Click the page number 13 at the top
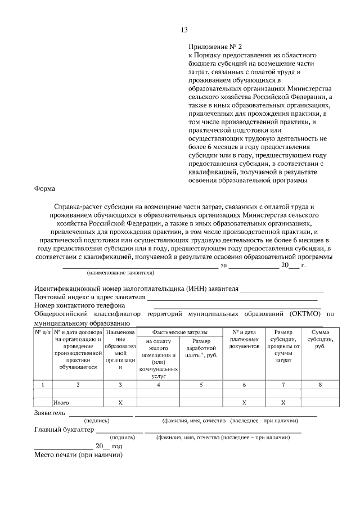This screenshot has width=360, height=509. (184, 30)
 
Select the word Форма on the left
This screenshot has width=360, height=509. (45, 189)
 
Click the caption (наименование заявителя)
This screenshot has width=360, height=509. (120, 273)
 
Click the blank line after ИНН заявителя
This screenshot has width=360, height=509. (282, 290)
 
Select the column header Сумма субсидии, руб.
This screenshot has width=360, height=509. (319, 340)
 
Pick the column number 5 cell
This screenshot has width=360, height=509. (201, 385)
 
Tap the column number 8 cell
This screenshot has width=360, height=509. (319, 385)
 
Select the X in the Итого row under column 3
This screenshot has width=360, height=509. (120, 403)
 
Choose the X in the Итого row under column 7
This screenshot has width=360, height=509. (283, 403)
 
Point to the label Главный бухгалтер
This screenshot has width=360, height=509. (62, 431)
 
